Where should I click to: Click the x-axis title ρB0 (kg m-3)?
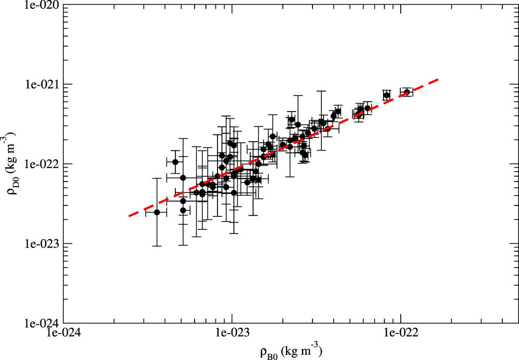tap(291, 352)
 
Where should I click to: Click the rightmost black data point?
tap(407, 92)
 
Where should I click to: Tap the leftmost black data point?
tap(157, 212)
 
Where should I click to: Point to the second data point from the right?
tap(386, 95)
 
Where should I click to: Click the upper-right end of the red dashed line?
tap(440, 79)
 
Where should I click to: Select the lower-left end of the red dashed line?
tap(129, 215)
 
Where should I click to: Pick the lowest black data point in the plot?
tap(157, 212)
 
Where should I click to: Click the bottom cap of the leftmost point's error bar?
tap(157, 246)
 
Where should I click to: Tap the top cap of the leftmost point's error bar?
tap(157, 178)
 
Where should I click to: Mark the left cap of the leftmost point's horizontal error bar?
tap(146, 212)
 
